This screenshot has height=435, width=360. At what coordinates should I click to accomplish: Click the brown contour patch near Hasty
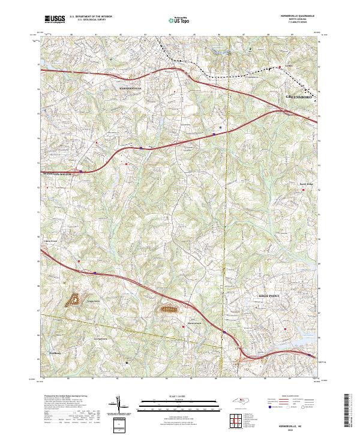169,310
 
